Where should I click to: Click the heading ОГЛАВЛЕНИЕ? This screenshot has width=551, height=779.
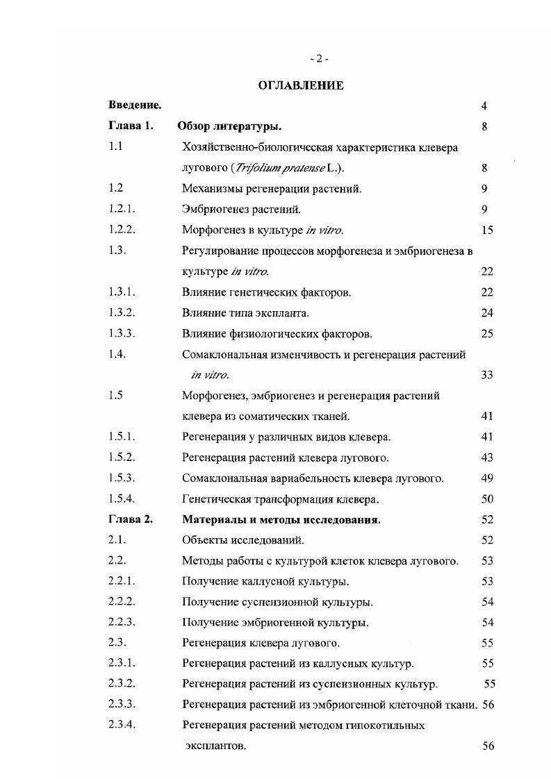(301, 85)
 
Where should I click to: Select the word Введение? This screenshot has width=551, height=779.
(135, 106)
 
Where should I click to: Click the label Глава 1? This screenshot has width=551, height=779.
(130, 126)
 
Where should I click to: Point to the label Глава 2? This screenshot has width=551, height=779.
(130, 519)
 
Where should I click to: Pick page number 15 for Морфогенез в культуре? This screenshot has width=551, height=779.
(486, 230)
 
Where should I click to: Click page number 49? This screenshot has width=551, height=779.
(486, 478)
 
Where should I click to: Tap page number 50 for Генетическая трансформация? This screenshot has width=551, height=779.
(486, 499)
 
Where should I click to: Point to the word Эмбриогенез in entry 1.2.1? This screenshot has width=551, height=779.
(211, 209)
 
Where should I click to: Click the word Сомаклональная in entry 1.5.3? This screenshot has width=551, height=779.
(224, 478)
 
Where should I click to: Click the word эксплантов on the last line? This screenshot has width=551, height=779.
(215, 746)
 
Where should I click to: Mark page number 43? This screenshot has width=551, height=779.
(486, 458)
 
